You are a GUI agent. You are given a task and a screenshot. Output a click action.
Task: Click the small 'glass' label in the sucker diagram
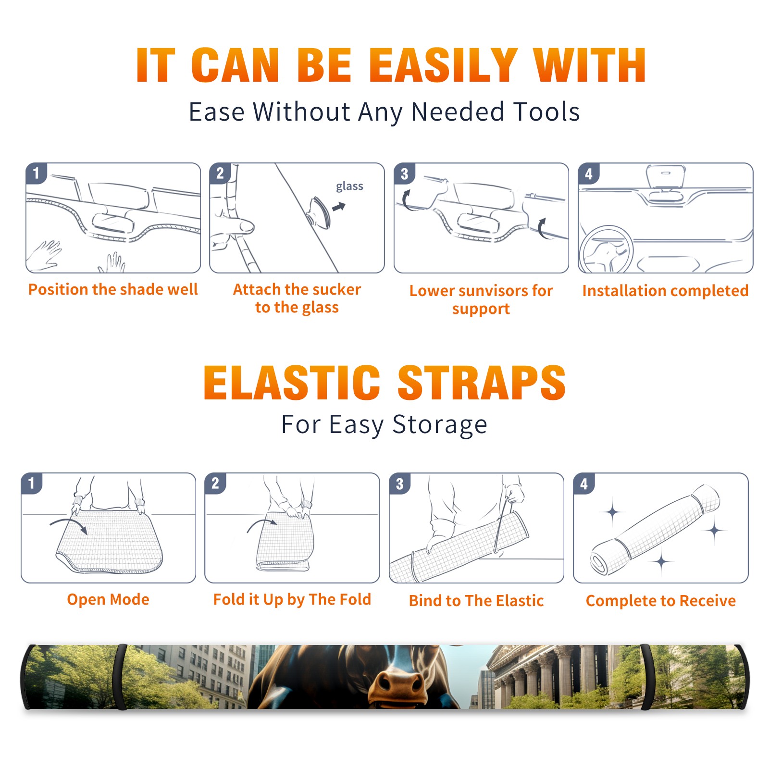point(349,186)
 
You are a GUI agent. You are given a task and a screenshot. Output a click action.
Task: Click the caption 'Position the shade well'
point(113,289)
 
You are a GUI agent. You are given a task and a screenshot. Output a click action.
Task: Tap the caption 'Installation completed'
point(665,290)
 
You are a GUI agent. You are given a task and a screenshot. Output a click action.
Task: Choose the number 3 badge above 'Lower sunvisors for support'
point(404,174)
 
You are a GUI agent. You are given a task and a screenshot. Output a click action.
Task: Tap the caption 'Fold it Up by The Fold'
point(292,599)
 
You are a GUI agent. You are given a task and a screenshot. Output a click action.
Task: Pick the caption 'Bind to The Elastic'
point(476,600)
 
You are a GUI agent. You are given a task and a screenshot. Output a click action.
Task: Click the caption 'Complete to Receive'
point(661,600)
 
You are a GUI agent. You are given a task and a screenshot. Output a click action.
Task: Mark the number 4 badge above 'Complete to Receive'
point(584,484)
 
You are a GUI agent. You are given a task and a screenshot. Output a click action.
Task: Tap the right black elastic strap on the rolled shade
point(647,677)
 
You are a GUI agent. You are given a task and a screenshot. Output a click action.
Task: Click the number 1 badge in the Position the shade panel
point(36,174)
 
